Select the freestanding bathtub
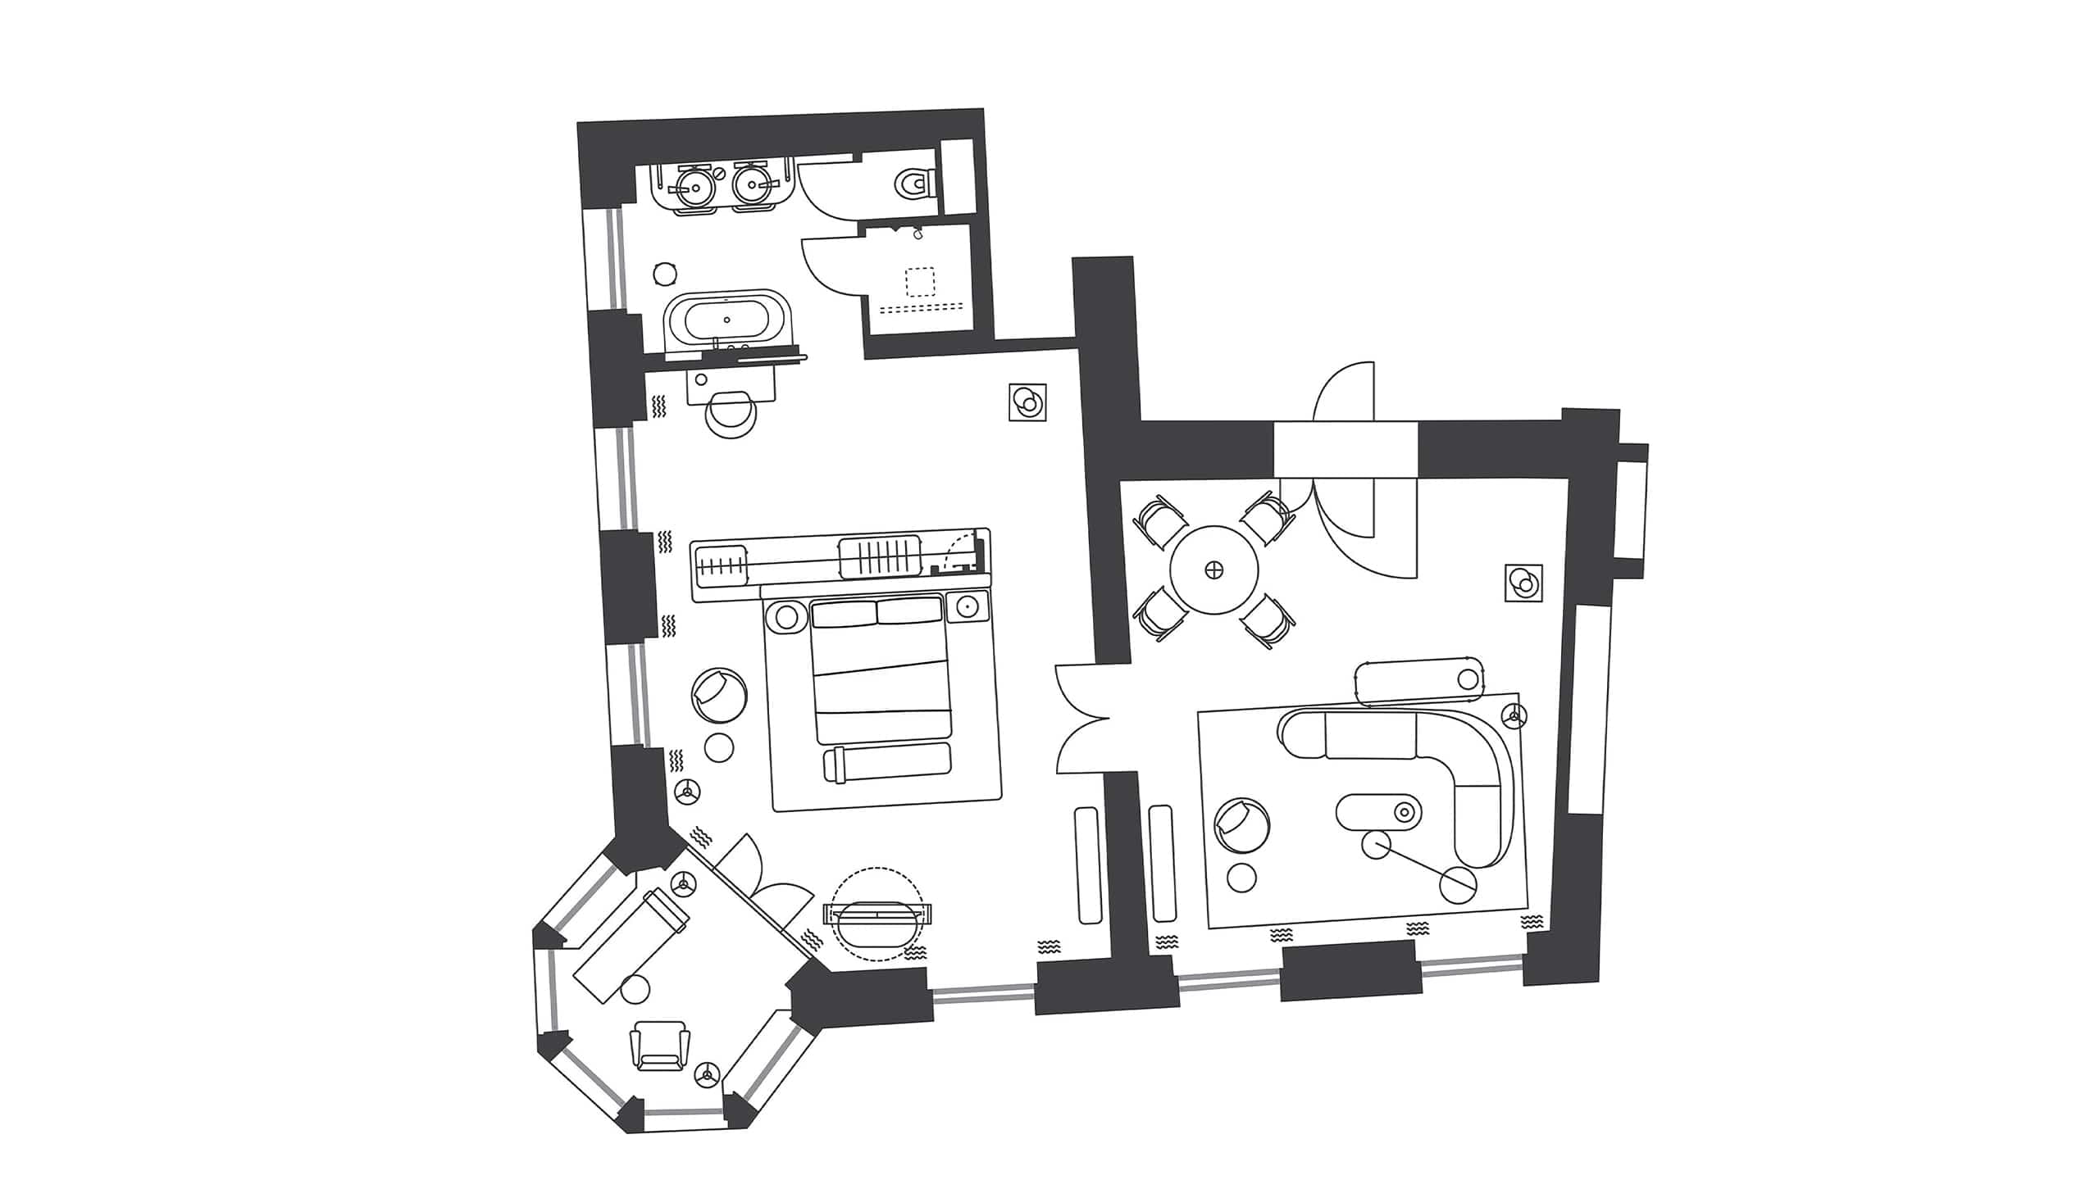click(726, 321)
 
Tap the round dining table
click(1213, 570)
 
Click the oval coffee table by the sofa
click(1378, 811)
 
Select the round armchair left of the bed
click(719, 695)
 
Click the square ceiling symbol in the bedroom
click(1027, 402)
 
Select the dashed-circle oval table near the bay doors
click(876, 914)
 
